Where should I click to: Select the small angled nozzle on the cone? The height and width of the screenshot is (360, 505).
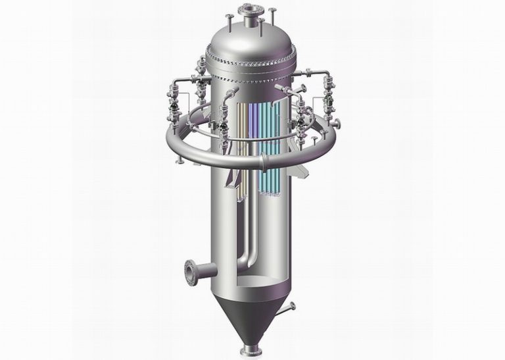coord(289,307)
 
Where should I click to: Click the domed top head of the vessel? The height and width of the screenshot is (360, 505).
coord(250,43)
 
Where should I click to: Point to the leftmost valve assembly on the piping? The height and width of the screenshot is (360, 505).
coord(172,103)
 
